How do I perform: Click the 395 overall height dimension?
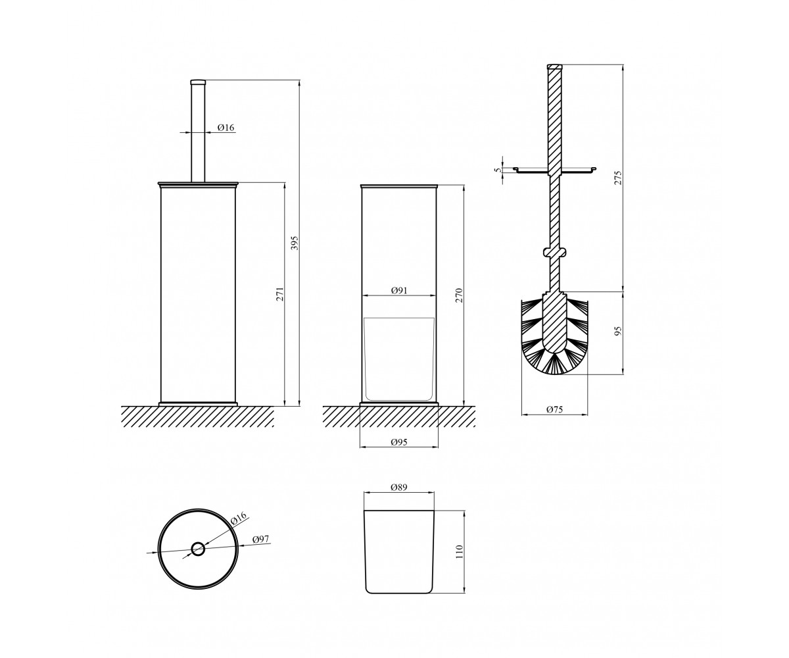pos(295,243)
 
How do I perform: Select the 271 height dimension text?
pos(280,294)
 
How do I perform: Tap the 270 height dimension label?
pos(459,295)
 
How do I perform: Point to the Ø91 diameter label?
pos(399,290)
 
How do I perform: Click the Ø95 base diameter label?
pos(399,442)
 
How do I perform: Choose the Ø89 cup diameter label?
pos(399,487)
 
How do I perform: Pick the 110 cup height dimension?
pos(459,552)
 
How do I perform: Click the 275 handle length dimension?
pos(618,178)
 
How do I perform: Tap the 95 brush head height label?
pos(618,332)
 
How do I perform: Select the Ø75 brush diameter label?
pos(555,409)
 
